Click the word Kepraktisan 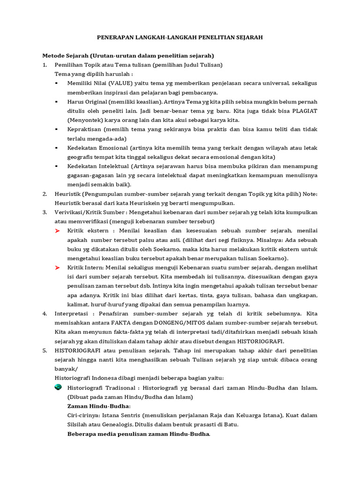pyautogui.click(x=84, y=129)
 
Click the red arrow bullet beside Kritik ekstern pyautogui.click(x=58, y=231)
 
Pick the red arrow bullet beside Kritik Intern pyautogui.click(x=58, y=267)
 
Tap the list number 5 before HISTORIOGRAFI pyautogui.click(x=45, y=350)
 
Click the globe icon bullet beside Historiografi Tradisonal pyautogui.click(x=58, y=387)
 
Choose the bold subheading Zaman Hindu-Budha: pyautogui.click(x=99, y=406)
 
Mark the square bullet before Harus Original pyautogui.click(x=57, y=101)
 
